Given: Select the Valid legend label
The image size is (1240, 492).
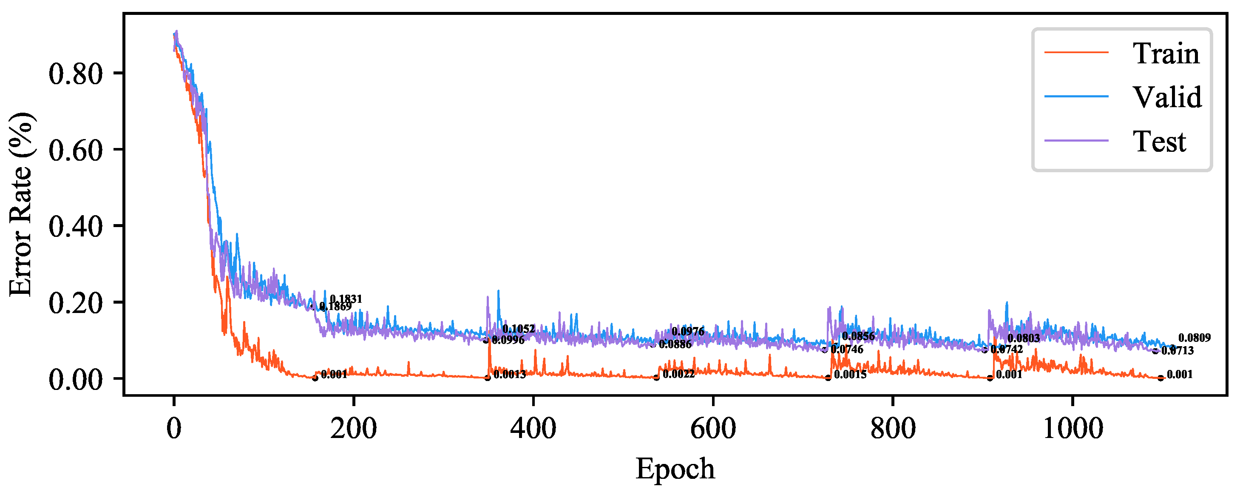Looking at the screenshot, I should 1167,97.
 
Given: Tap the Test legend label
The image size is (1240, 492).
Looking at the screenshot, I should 1159,142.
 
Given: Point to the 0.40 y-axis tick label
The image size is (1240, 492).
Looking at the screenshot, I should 76,226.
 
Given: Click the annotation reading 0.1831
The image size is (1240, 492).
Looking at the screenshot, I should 346,299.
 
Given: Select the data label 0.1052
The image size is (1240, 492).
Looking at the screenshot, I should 519,329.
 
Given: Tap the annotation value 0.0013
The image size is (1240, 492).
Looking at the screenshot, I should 509,374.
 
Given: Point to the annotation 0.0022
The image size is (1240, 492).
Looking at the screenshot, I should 678,374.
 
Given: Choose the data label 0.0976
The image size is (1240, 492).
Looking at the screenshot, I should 687,331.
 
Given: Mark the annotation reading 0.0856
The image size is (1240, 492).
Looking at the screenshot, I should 858,336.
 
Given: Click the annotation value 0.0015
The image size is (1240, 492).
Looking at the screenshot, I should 850,374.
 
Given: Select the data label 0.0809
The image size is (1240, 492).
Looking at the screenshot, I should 1194,338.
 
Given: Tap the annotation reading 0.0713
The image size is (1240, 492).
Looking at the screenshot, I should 1178,350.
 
